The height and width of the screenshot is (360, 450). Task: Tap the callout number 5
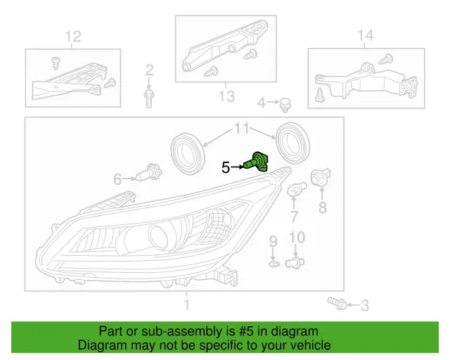[226, 167]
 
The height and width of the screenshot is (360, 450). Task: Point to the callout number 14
[365, 35]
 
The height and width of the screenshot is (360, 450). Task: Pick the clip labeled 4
[285, 105]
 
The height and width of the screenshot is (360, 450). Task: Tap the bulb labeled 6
[149, 173]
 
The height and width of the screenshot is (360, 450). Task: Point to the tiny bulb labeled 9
[274, 264]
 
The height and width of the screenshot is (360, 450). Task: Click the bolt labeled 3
[335, 304]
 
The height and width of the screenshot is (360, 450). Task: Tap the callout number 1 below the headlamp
[186, 304]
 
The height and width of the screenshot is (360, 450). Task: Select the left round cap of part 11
[187, 150]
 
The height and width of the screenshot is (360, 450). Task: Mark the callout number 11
[242, 129]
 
